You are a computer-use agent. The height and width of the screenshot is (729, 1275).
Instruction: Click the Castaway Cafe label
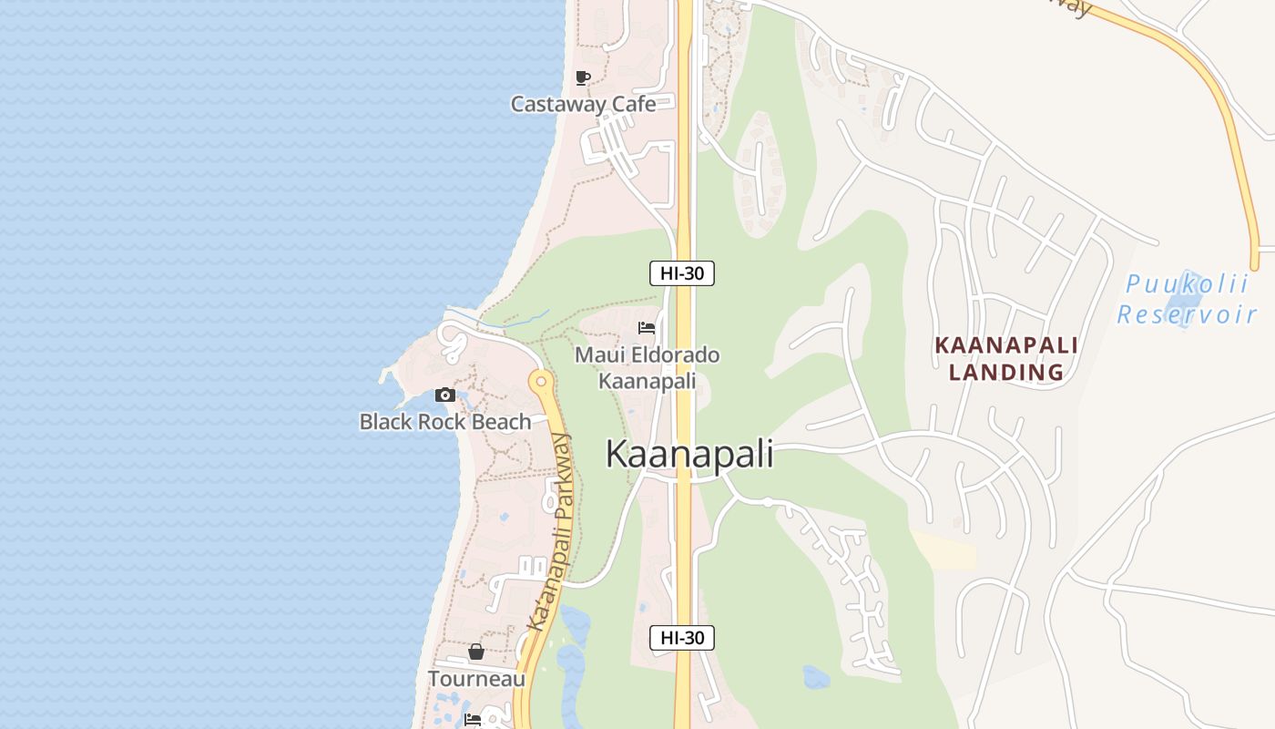(x=583, y=104)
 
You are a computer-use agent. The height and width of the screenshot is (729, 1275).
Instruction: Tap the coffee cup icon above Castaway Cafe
(x=583, y=77)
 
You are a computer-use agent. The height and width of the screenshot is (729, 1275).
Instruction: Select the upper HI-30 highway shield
(x=681, y=272)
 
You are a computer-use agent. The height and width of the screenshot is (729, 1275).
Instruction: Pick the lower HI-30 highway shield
(x=681, y=638)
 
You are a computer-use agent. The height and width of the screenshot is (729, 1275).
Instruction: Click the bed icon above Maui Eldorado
(x=647, y=328)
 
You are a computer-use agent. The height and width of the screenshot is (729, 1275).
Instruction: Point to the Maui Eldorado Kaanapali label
(x=647, y=367)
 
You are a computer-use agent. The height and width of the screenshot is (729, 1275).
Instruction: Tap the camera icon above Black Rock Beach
(x=445, y=395)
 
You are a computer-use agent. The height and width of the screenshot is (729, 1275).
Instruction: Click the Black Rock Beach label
(x=445, y=422)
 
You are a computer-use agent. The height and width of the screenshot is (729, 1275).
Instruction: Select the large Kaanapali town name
(x=689, y=454)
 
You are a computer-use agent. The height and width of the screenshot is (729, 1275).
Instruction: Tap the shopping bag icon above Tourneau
(x=475, y=652)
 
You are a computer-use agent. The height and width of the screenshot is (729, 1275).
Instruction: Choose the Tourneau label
(x=476, y=679)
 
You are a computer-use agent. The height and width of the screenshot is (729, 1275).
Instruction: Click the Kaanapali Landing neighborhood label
(x=1006, y=359)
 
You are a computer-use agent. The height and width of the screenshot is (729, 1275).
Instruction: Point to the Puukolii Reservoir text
(x=1187, y=299)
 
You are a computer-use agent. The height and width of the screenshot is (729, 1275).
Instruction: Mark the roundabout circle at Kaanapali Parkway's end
(x=541, y=381)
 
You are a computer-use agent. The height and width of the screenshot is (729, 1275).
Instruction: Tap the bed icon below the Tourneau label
(x=473, y=720)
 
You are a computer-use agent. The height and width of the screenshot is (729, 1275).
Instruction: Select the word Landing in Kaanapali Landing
(x=1006, y=372)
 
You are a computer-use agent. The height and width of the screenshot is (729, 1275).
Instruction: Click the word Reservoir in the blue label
(x=1187, y=315)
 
